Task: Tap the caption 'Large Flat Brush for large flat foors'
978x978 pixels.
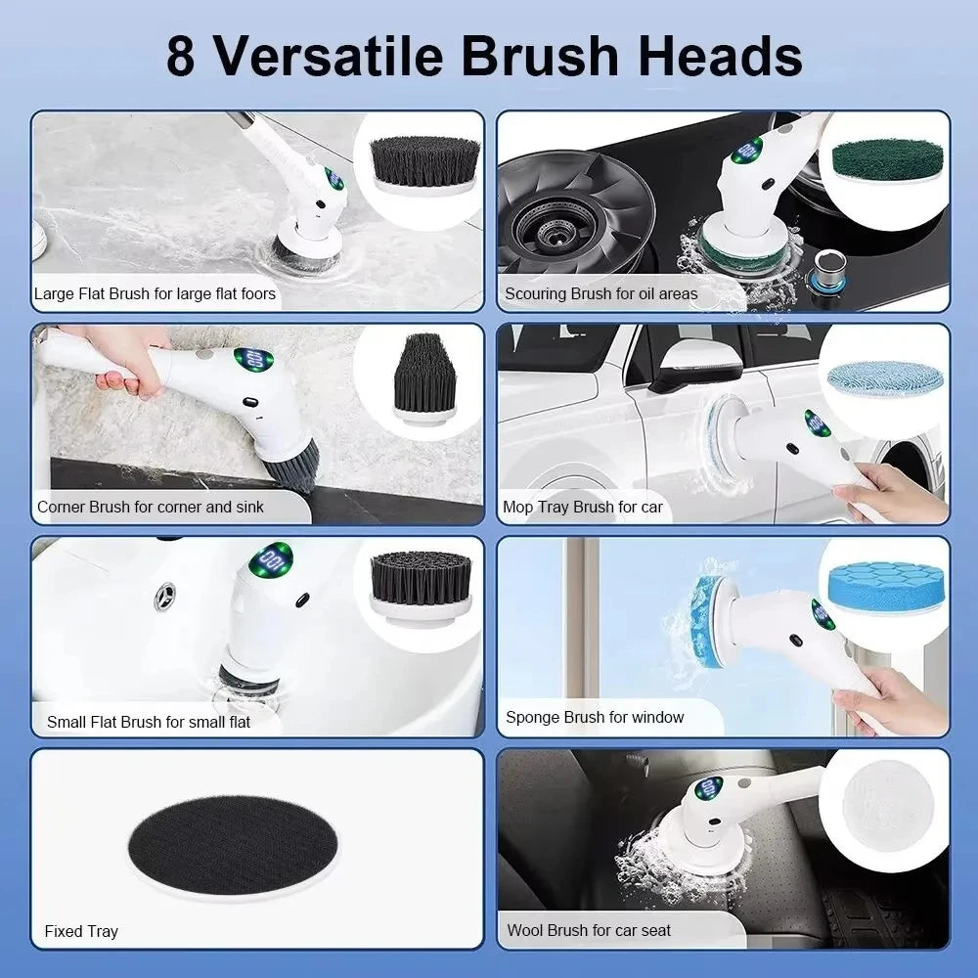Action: click(155, 293)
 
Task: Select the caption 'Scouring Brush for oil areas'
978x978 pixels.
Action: click(601, 293)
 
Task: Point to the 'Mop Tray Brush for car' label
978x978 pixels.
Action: click(583, 507)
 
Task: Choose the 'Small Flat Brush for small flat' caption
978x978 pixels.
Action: click(149, 722)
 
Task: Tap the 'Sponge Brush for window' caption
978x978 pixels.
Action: click(595, 717)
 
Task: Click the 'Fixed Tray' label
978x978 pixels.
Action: click(81, 931)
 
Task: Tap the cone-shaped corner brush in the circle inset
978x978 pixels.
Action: click(423, 375)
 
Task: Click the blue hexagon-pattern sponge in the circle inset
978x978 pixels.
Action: click(883, 586)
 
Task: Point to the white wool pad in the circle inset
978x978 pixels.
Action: click(887, 802)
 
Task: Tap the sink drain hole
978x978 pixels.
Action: click(166, 596)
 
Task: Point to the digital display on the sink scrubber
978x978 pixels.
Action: click(271, 561)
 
